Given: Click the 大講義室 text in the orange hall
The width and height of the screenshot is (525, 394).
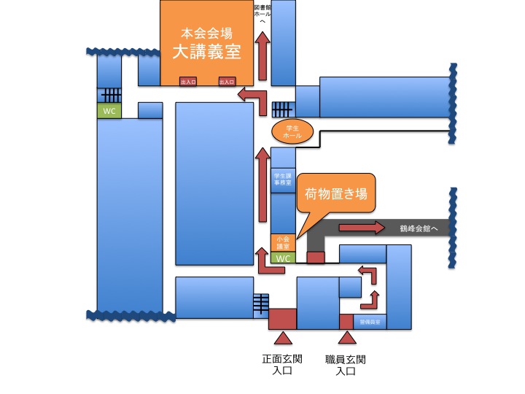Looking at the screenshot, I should [x=206, y=52].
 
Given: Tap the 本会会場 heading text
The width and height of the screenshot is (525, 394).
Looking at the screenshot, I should [x=206, y=33].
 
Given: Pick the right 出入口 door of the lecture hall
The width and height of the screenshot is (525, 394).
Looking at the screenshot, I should [x=226, y=81].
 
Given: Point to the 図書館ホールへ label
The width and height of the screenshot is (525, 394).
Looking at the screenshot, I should [x=263, y=14].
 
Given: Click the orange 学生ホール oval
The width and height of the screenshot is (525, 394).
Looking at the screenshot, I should [x=292, y=132].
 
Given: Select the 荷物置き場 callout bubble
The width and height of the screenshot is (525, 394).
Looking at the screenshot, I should [x=335, y=195].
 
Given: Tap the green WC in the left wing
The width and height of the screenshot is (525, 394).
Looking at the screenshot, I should [x=109, y=110].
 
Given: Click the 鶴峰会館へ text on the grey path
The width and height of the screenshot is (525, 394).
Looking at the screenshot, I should [x=419, y=228].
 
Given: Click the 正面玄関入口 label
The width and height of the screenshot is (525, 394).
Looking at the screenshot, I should [x=282, y=365].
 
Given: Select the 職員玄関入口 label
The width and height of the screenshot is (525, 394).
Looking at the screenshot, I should [x=346, y=365].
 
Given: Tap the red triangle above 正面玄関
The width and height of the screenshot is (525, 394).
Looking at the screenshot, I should [x=282, y=337].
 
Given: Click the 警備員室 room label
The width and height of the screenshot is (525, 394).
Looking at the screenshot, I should [x=369, y=322].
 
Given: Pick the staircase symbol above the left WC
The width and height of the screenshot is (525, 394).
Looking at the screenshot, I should [x=109, y=95].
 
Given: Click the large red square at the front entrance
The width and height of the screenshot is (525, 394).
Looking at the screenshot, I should [x=282, y=319].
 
